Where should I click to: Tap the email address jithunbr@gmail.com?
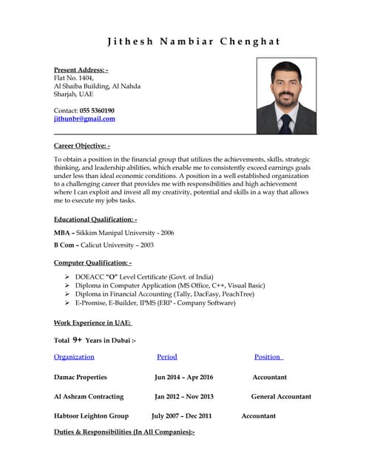click(x=84, y=119)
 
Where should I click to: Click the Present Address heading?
click(x=81, y=69)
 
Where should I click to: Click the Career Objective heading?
click(x=82, y=146)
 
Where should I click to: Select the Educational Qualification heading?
click(x=95, y=220)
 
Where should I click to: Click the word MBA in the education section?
click(x=64, y=233)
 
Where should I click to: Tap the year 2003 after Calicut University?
click(x=146, y=245)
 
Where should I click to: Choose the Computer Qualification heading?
click(x=93, y=262)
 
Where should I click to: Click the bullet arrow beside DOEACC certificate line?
click(x=67, y=276)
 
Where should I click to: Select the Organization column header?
click(x=74, y=357)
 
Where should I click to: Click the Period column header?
click(x=167, y=357)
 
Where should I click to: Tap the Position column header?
click(x=268, y=357)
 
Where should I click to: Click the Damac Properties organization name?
click(x=81, y=377)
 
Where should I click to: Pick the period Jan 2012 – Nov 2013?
click(x=184, y=396)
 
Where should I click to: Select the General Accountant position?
click(x=281, y=396)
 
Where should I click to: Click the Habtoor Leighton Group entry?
click(x=91, y=416)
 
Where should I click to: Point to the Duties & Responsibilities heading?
click(x=124, y=432)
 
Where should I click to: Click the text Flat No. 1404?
click(x=75, y=78)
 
